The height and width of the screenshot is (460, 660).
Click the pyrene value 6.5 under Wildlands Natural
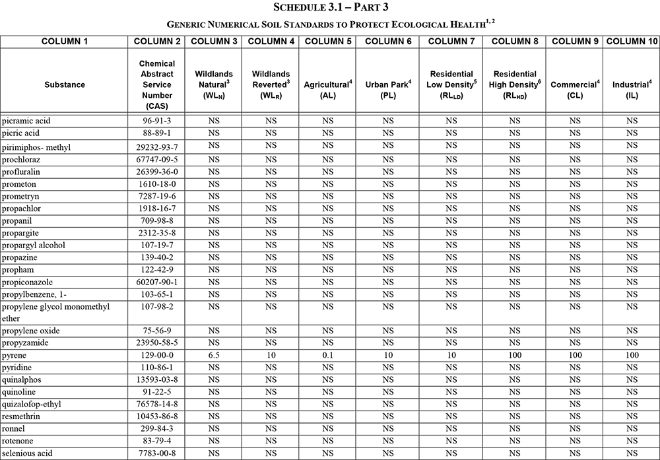[213, 355]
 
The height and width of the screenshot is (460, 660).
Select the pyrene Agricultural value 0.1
[327, 355]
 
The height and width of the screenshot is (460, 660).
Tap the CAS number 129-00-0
[157, 355]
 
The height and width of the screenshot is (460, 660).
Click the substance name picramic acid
[26, 121]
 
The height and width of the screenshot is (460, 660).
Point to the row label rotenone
[18, 441]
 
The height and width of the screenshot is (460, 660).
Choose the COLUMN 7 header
[451, 41]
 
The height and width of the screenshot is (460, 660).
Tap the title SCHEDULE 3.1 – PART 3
[330, 7]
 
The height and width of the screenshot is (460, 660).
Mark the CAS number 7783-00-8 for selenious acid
[157, 453]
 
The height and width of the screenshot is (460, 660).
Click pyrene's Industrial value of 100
[632, 355]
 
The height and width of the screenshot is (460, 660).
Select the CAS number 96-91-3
[157, 121]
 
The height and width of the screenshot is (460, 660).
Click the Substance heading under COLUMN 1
[65, 84]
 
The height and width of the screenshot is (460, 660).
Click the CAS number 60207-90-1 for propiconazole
[157, 282]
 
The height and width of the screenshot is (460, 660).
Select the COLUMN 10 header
[632, 41]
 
